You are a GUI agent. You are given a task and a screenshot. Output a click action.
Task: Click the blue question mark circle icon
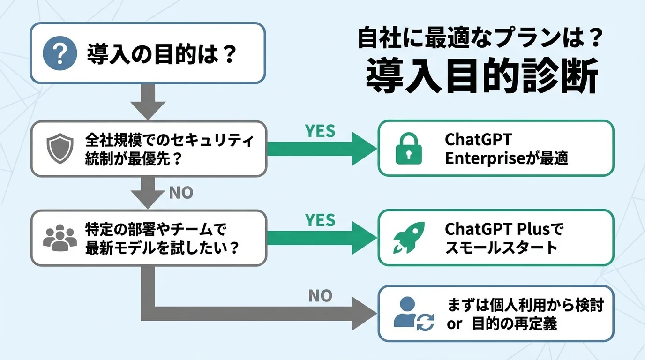click(x=60, y=53)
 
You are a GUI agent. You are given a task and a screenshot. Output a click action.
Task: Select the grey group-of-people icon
click(x=60, y=238)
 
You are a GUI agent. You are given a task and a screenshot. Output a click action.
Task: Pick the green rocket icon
click(x=409, y=238)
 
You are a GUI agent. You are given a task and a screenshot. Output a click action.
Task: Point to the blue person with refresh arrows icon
click(x=413, y=313)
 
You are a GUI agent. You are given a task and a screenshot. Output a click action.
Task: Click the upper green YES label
click(x=320, y=131)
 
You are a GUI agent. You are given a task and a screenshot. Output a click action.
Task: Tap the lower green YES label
click(x=320, y=220)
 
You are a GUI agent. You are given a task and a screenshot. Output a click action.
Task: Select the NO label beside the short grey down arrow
click(x=180, y=193)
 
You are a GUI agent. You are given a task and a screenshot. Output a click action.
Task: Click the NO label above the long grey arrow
click(x=321, y=295)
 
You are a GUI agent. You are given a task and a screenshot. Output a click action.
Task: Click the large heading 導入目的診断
click(x=481, y=76)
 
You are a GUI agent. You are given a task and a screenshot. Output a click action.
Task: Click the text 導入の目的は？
click(x=161, y=54)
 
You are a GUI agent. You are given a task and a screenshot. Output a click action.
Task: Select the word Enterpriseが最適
click(x=506, y=158)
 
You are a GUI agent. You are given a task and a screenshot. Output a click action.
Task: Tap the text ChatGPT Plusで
click(x=504, y=229)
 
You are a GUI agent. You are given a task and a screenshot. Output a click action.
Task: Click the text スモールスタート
click(x=501, y=247)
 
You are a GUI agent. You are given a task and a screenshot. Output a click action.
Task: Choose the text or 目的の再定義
click(x=502, y=324)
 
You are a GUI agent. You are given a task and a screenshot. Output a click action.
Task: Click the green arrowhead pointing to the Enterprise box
click(x=364, y=149)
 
